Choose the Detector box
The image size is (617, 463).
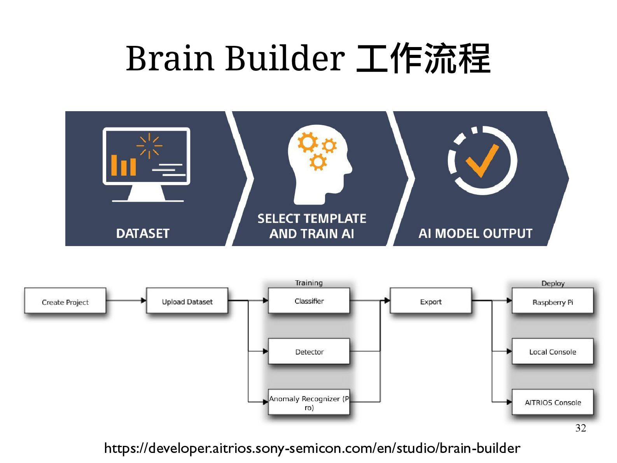point(309,352)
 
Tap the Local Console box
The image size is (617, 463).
point(552,352)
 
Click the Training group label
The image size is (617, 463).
point(309,283)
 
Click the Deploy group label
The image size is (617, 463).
point(553,283)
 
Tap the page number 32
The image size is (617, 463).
point(580,428)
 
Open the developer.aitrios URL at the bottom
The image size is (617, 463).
point(312,448)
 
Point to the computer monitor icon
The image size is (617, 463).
point(147,163)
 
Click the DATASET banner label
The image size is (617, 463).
point(143,233)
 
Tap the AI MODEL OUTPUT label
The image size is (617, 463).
point(475,233)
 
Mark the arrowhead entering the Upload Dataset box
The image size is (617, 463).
point(143,301)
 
